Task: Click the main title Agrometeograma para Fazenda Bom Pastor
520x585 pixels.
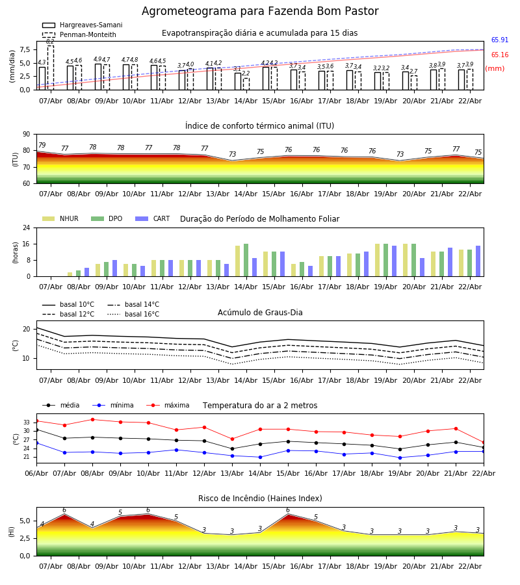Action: point(260,12)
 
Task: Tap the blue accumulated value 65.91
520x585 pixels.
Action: point(499,40)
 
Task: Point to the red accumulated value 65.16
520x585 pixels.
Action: point(499,55)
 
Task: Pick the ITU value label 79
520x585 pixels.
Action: point(42,146)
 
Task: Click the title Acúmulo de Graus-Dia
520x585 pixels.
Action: point(260,313)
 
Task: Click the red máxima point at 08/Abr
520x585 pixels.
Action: point(92,419)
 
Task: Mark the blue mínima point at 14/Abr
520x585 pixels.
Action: point(260,457)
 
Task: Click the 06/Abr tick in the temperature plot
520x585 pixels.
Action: point(36,473)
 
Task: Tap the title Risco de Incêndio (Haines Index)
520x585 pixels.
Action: point(260,499)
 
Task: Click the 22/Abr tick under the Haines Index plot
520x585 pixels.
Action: point(470,566)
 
